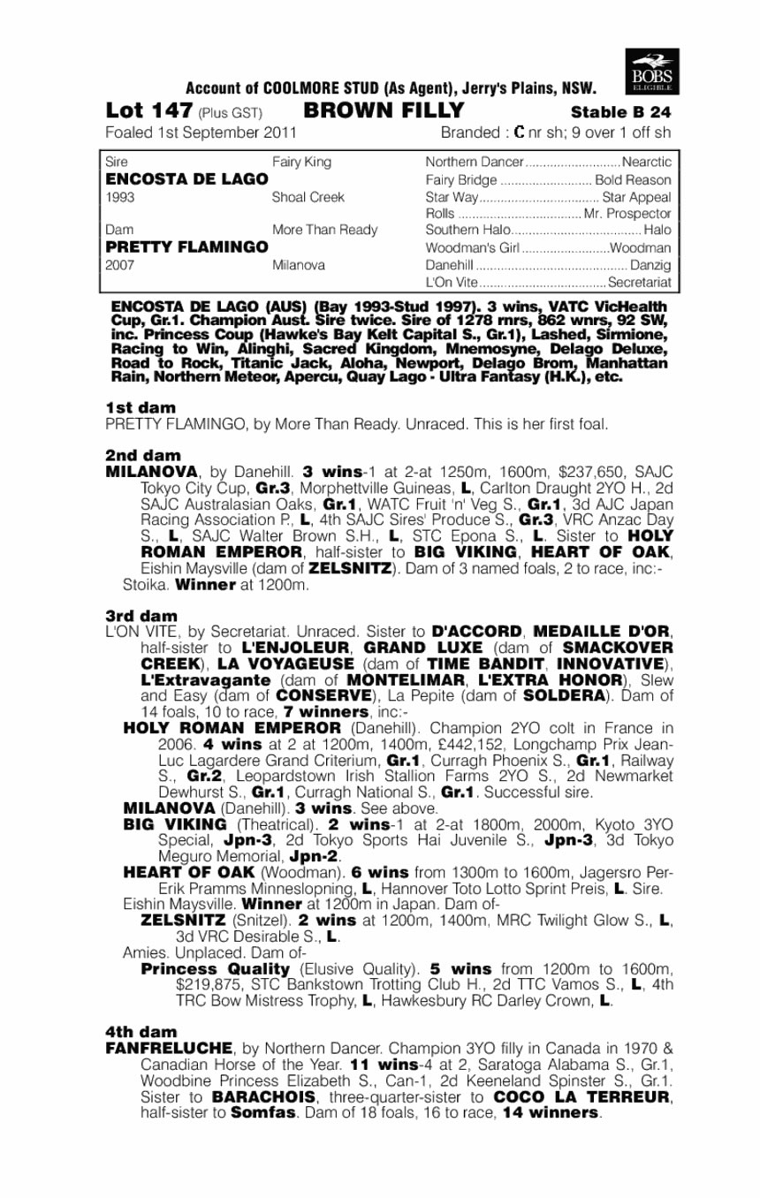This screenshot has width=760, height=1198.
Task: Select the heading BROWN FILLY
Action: coord(384,111)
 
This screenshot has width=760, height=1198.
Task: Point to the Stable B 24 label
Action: coord(621,112)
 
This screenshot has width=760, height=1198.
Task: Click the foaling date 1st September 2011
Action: coord(201,133)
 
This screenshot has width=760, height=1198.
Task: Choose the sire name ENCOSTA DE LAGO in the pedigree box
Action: coord(186,179)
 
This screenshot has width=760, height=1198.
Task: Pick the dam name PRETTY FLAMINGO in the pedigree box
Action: coord(186,247)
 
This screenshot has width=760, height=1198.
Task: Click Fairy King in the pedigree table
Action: coord(302,163)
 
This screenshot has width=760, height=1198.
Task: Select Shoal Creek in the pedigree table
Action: coord(308,197)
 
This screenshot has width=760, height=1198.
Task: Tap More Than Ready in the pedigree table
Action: coord(324,231)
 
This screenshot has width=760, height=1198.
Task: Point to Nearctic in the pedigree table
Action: coord(647,163)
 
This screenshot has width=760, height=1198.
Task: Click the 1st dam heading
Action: coord(141,407)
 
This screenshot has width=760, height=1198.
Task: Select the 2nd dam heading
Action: coord(142,456)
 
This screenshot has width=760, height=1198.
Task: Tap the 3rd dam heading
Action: coord(141,615)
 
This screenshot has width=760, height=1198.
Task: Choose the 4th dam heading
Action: coord(141,1032)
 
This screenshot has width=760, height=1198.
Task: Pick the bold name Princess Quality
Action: coord(216,969)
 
